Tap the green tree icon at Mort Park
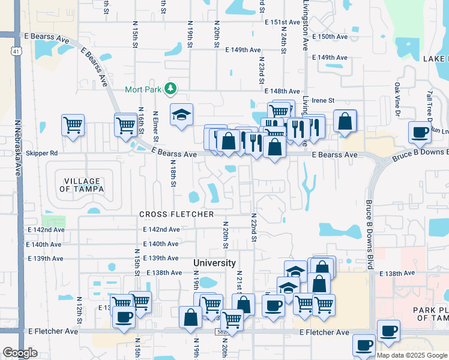[170, 89]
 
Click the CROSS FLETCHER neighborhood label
[176, 214]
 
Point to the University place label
[214, 263]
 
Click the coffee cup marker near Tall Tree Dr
[420, 131]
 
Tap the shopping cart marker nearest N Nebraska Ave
[73, 125]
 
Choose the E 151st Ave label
[282, 22]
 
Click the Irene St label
[322, 100]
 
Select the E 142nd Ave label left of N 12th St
[46, 230]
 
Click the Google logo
[20, 353]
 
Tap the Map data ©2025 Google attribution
[412, 355]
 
